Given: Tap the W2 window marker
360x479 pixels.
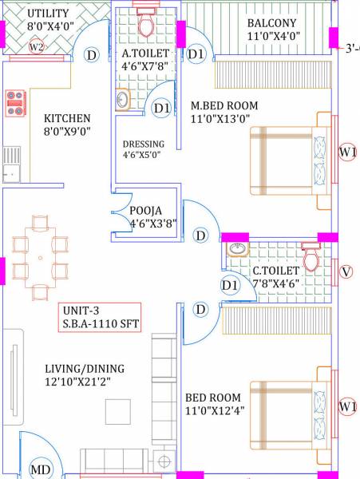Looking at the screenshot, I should point(37,47).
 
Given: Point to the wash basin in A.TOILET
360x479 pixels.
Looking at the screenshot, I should point(124,100).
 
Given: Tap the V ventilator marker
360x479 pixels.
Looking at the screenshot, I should point(346,271).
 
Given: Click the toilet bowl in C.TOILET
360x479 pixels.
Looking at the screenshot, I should point(311,257).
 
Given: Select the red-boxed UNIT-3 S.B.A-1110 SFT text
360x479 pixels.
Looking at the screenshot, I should point(99,317).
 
